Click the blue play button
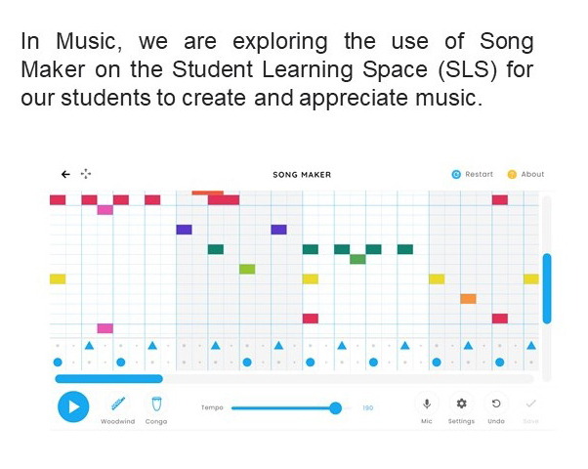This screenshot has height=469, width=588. point(73,406)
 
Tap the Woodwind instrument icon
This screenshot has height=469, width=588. point(118,404)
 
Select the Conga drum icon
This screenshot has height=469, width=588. point(156,405)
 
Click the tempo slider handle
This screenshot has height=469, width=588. point(336,407)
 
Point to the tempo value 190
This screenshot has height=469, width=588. point(368,407)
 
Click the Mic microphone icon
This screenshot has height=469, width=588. point(427,404)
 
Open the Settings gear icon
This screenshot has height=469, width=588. point(462,404)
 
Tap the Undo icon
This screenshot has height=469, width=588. point(496,404)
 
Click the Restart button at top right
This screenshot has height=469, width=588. point(473,175)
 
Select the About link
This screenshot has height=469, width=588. point(525,175)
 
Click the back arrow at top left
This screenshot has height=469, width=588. point(65,174)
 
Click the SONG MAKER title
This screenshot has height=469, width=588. point(302,175)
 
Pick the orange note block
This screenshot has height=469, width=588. point(469,299)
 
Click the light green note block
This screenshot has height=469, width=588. point(247,269)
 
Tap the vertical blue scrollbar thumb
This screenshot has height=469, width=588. point(547,288)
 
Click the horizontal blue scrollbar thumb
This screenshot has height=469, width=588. point(109,378)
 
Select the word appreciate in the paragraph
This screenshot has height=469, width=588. point(354,99)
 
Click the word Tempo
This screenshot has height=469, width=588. point(212,407)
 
